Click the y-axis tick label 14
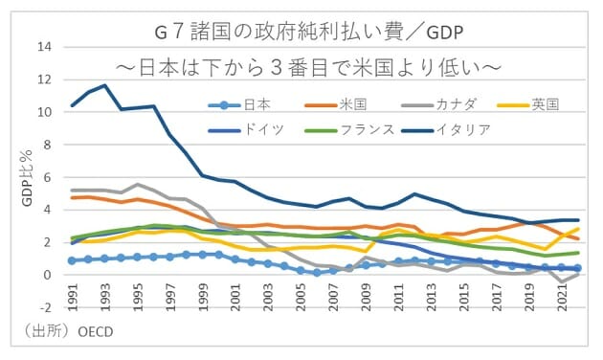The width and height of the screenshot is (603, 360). click(45, 47)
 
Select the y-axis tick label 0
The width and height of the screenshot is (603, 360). click(49, 275)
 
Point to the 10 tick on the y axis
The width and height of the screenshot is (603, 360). click(45, 112)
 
